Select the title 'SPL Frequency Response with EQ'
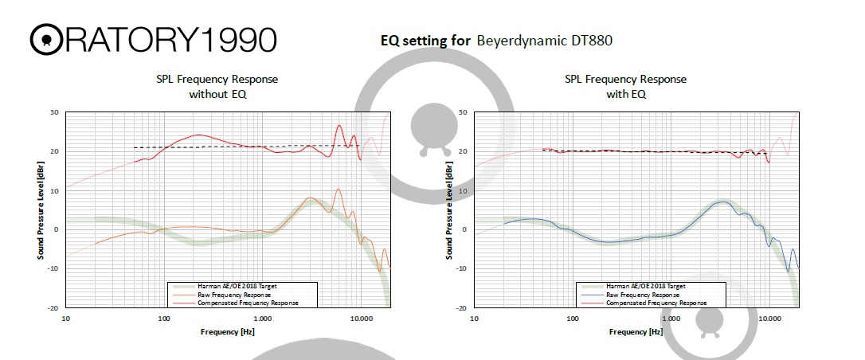(625, 87)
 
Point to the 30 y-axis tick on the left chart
(55, 112)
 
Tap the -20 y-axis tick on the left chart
(53, 307)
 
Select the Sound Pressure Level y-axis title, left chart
(40, 209)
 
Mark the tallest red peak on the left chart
(339, 125)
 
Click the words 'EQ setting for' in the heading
(425, 39)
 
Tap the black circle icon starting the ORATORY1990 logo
(45, 39)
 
